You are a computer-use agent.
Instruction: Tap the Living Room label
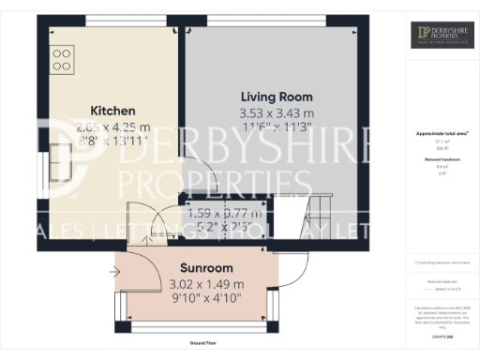[276, 97]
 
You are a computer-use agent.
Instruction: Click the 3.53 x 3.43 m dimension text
[276, 114]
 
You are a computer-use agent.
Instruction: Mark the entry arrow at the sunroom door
[114, 273]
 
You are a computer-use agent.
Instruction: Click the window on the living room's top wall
[266, 21]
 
